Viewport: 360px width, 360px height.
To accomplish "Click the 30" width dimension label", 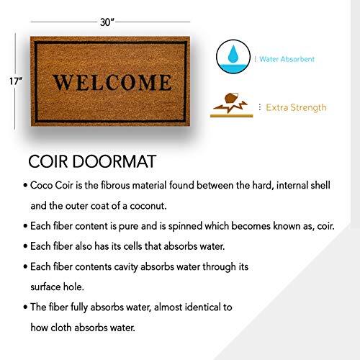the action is coord(107,22).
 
